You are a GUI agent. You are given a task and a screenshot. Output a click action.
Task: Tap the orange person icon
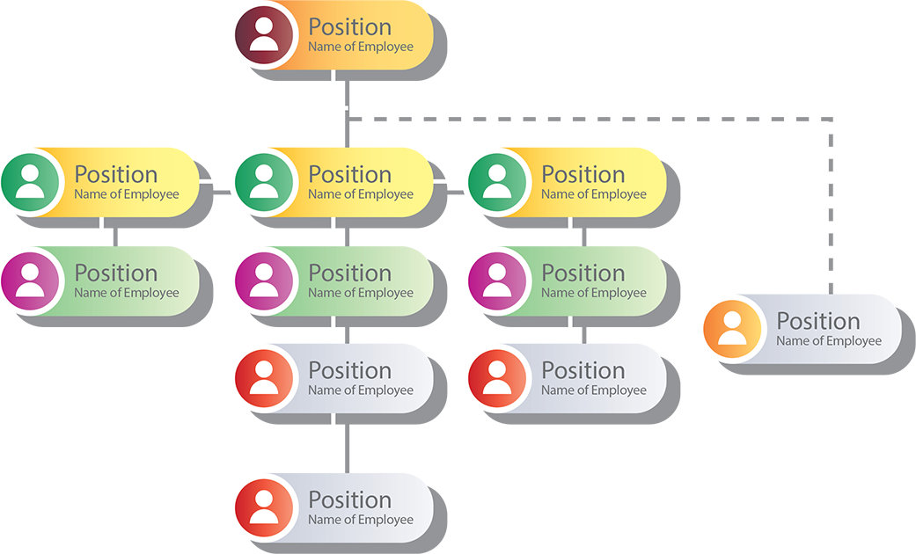click(732, 330)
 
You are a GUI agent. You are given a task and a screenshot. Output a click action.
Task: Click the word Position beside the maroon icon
click(349, 27)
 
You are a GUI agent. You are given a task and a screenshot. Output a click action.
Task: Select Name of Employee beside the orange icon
click(828, 341)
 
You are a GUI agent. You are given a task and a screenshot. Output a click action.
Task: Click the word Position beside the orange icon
click(817, 321)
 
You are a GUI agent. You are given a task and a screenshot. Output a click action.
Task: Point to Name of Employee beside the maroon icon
click(360, 47)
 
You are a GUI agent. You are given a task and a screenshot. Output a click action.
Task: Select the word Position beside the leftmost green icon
click(115, 174)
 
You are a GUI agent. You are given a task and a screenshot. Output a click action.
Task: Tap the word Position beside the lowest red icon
click(349, 499)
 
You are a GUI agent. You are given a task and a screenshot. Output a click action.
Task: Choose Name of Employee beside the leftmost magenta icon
click(126, 293)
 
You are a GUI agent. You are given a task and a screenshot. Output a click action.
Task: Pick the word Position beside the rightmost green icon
click(583, 174)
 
